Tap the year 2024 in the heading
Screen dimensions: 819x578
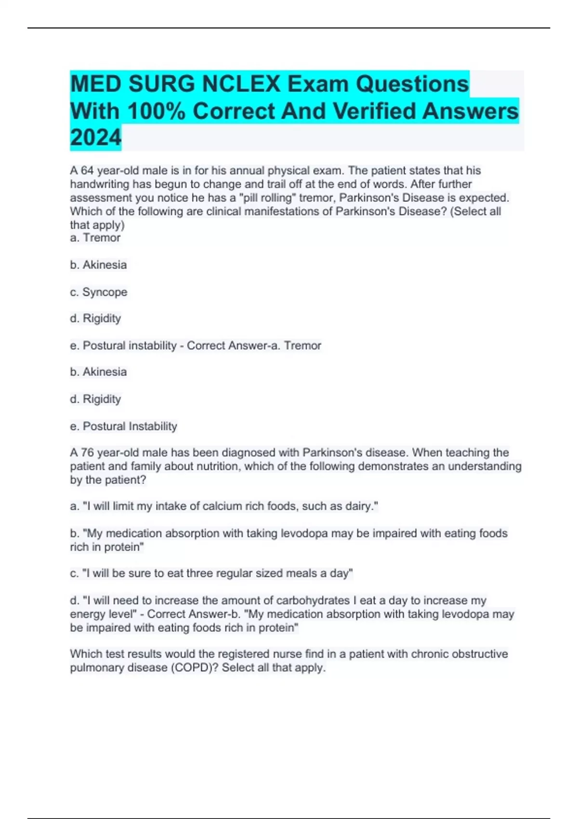[x=95, y=138]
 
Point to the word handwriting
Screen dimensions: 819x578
[x=100, y=184]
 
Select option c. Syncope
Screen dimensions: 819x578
[x=99, y=292]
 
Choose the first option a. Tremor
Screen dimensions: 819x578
[x=95, y=238]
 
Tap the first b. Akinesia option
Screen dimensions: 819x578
[x=99, y=264]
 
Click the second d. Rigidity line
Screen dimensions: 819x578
[x=95, y=399]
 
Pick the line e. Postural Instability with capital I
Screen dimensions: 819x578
[x=124, y=426]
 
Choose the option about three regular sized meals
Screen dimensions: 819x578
[x=211, y=573]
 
